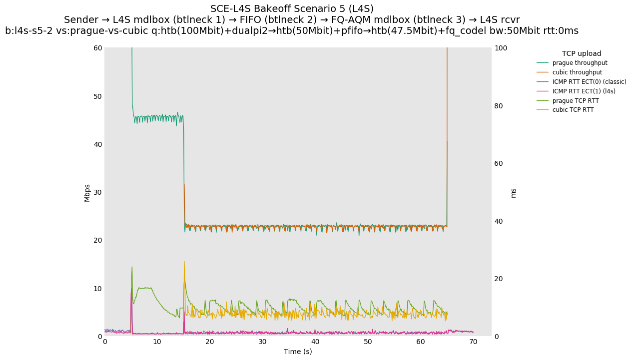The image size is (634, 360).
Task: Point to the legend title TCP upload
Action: click(581, 53)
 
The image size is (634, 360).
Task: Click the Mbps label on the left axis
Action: click(87, 193)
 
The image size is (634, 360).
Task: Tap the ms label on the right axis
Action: click(513, 193)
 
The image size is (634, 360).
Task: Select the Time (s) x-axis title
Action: click(298, 352)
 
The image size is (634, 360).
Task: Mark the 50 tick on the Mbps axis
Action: click(97, 96)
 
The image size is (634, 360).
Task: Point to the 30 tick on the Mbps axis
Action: click(97, 192)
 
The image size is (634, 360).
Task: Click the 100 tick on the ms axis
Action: click(500, 48)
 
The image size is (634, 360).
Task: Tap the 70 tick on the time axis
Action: click(473, 342)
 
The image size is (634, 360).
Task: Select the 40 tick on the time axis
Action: click(315, 342)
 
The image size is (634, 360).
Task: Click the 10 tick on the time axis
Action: click(157, 342)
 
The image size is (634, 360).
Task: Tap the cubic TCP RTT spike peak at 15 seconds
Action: click(184, 261)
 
